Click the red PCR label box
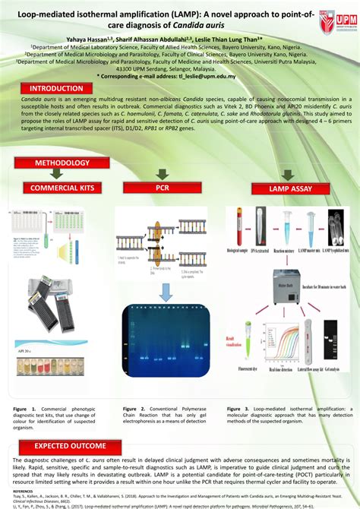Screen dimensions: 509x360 click(162, 187)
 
